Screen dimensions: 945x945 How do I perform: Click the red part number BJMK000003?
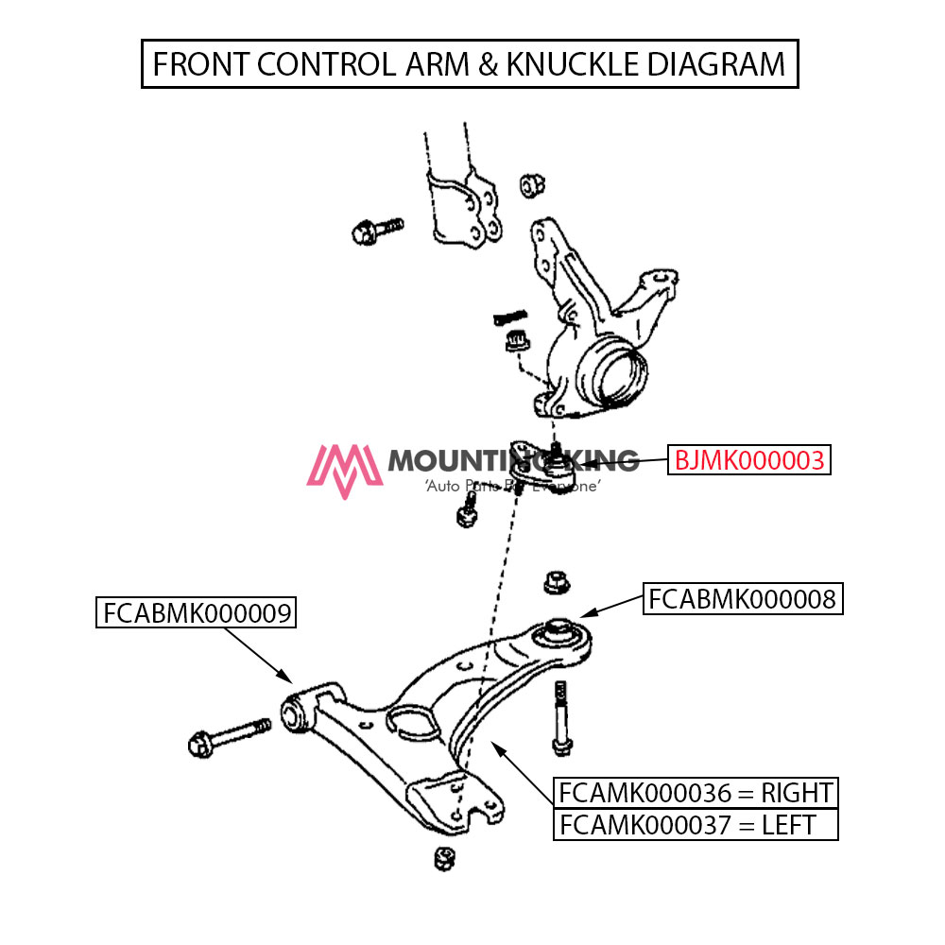tap(749, 460)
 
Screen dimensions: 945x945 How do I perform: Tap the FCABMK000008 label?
tap(742, 599)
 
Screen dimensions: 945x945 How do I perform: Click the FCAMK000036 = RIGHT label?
tap(696, 792)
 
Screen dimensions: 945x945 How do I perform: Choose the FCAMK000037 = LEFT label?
tap(696, 824)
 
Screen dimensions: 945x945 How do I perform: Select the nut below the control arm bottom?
tap(441, 859)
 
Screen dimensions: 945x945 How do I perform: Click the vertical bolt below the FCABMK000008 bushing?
tap(561, 718)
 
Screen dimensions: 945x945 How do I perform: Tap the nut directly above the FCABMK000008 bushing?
tap(557, 583)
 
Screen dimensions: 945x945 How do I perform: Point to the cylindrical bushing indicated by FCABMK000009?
tap(295, 710)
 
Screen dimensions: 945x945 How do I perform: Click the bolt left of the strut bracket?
tap(375, 229)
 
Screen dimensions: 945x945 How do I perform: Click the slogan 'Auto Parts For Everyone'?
tap(513, 485)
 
